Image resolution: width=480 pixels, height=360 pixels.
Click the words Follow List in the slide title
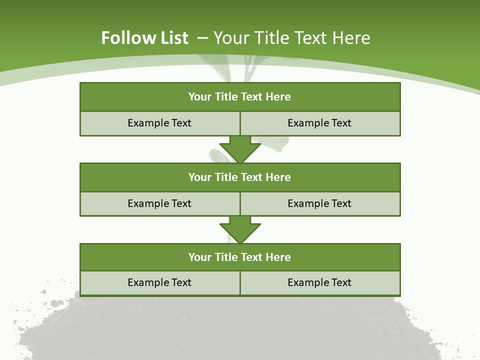(144, 38)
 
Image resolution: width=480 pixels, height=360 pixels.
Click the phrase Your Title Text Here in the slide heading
(291, 38)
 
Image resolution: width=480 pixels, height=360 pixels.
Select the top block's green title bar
(240, 97)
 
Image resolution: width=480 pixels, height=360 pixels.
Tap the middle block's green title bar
(240, 177)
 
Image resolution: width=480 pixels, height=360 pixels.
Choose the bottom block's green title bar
(240, 257)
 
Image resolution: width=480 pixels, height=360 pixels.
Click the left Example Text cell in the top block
(159, 123)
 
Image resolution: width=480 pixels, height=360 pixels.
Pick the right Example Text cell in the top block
(319, 123)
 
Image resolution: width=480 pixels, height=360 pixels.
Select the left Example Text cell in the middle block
(159, 203)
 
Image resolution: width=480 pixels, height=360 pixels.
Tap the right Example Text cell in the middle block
(319, 203)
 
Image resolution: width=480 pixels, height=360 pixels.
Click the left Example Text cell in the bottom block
(159, 282)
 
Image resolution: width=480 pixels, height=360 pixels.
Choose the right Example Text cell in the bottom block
(319, 282)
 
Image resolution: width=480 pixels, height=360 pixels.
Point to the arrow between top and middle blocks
(240, 149)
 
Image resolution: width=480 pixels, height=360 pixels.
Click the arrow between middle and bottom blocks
(240, 229)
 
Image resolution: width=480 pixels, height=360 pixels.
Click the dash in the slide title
(202, 37)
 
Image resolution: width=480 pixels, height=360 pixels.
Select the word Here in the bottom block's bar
(278, 257)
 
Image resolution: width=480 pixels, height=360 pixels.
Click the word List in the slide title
(171, 38)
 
